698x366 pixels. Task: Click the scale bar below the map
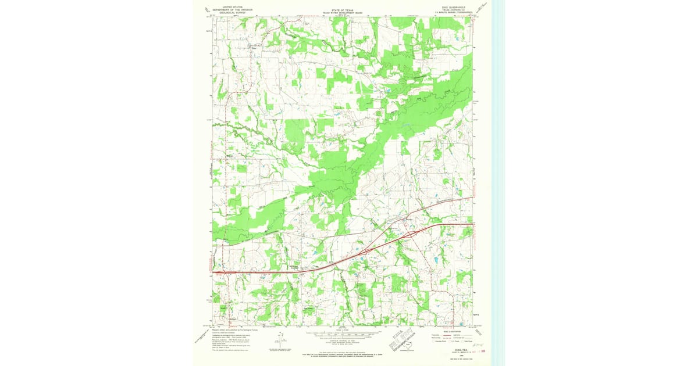(x=343, y=335)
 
